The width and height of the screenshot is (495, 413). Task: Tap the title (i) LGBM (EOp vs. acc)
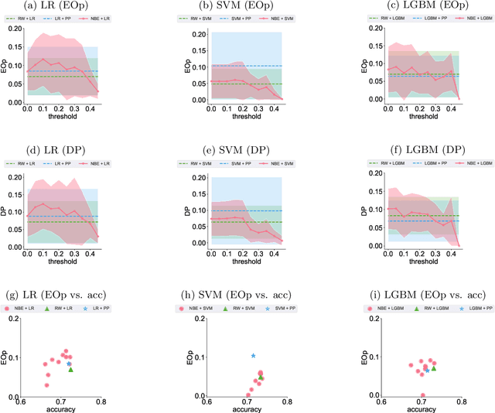click(419, 295)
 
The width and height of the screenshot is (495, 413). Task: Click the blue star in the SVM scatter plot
click(253, 356)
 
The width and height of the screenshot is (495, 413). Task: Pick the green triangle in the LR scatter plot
click(71, 370)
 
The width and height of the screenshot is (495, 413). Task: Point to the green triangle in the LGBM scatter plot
click(434, 368)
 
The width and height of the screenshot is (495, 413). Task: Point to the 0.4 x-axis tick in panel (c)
click(451, 109)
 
